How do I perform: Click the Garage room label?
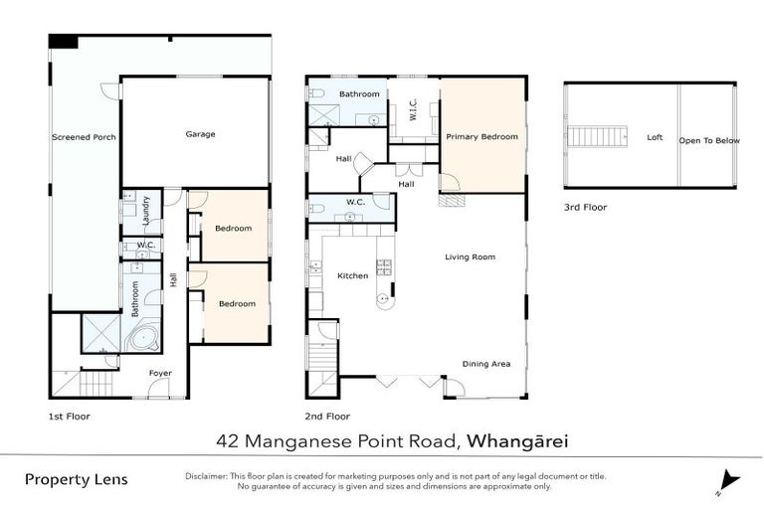click(x=200, y=134)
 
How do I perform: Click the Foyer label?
click(x=160, y=374)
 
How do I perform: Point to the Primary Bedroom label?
click(x=481, y=137)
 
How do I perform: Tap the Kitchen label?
click(x=352, y=275)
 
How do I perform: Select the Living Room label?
click(x=469, y=257)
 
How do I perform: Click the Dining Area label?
click(x=485, y=364)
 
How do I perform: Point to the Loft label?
click(x=655, y=138)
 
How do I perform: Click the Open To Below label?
click(x=709, y=140)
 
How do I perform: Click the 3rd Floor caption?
click(x=585, y=208)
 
